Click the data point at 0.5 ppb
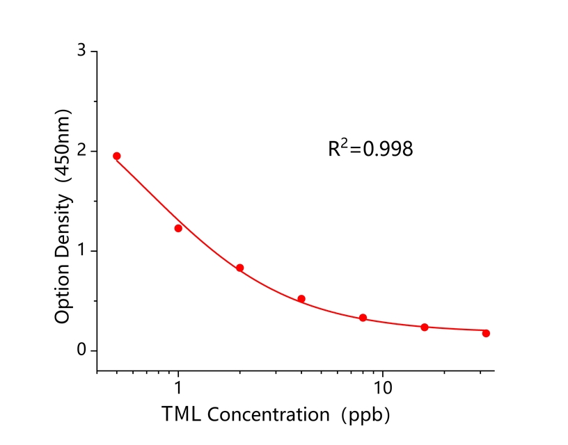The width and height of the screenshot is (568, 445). pyautogui.click(x=117, y=156)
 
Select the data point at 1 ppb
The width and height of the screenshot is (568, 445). pyautogui.click(x=178, y=228)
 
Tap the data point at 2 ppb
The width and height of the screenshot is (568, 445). pyautogui.click(x=240, y=268)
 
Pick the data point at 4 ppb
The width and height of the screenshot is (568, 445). pyautogui.click(x=301, y=299)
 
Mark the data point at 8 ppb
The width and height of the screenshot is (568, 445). pyautogui.click(x=363, y=318)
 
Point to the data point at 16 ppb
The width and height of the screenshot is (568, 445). pyautogui.click(x=425, y=327)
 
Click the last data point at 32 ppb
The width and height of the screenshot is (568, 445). pyautogui.click(x=486, y=333)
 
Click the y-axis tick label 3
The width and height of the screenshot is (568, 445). pyautogui.click(x=82, y=51)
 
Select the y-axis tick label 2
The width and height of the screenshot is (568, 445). pyautogui.click(x=82, y=151)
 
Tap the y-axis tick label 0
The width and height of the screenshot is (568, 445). pyautogui.click(x=82, y=350)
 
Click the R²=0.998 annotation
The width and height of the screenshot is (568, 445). pyautogui.click(x=370, y=148)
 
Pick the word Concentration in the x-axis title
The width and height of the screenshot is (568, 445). pyautogui.click(x=269, y=414)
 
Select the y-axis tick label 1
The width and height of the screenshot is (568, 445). pyautogui.click(x=82, y=250)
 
